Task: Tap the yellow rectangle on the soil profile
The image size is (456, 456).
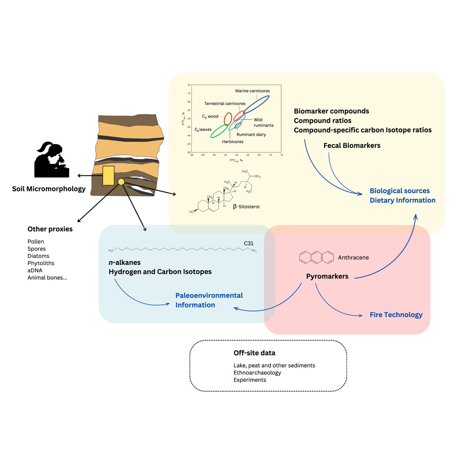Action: [109, 176]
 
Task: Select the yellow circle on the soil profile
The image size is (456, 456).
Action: [121, 182]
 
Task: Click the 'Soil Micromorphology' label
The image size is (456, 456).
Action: [49, 189]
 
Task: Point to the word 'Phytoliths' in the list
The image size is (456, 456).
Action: [41, 263]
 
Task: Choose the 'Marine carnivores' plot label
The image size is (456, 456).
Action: [252, 91]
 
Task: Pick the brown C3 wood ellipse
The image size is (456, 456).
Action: [228, 118]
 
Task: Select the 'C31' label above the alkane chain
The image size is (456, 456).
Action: [249, 243]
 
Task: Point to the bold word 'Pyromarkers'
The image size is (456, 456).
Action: [327, 277]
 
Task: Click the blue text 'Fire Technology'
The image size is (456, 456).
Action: [396, 315]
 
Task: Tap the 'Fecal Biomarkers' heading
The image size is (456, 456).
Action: [352, 146]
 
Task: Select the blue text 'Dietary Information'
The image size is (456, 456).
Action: [402, 200]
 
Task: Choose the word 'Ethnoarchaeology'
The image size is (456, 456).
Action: [257, 373]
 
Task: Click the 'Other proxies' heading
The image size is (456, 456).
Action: [50, 229]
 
